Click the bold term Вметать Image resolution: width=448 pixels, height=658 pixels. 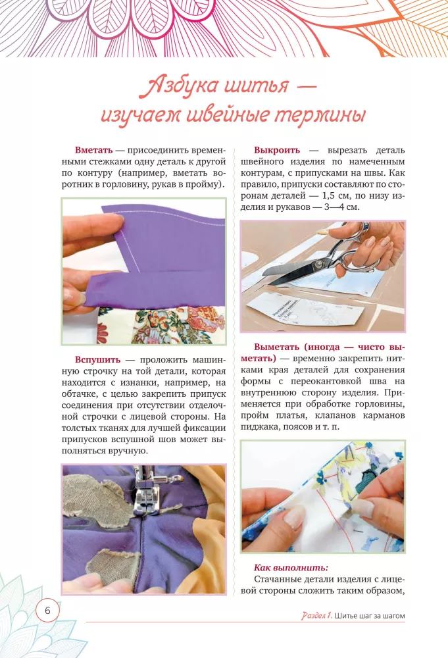coord(94,150)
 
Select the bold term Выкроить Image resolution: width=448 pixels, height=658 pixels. coord(277,150)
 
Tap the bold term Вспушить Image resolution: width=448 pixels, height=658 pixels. coord(97,360)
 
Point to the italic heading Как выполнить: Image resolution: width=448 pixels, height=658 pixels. coord(291,568)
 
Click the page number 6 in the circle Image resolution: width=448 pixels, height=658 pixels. coord(47,610)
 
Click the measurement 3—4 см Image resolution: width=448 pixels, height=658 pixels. coord(341,207)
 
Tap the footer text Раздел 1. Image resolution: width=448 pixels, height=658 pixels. coord(316,616)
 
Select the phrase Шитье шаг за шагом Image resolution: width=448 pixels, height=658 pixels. coord(370,616)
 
